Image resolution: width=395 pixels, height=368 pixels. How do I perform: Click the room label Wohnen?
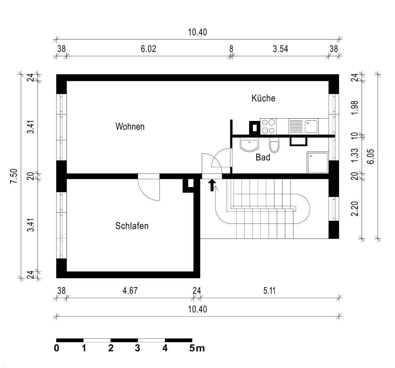[x=130, y=126]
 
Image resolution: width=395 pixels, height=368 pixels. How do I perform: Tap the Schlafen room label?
[x=132, y=226]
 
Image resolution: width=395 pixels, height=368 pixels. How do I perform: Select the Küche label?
[x=263, y=98]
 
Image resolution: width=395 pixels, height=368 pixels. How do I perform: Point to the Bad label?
[x=263, y=157]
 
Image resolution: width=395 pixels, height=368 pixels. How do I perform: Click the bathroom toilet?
[x=274, y=145]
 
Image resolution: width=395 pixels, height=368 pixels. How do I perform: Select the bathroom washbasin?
[x=249, y=145]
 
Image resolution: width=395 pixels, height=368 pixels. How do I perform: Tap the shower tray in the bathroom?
[x=318, y=163]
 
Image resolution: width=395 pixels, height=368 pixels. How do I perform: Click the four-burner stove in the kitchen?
[x=268, y=126]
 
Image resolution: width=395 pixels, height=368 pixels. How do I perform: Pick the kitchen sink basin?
[x=311, y=126]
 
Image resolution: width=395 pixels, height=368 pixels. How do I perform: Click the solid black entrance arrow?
[x=212, y=185]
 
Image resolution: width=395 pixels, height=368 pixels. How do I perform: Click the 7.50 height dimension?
[x=14, y=176]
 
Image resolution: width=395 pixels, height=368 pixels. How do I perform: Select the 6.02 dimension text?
[x=148, y=49]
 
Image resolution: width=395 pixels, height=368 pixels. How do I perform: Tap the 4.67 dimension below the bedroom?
[x=130, y=291]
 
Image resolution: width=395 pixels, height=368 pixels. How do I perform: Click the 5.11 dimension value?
[x=269, y=291]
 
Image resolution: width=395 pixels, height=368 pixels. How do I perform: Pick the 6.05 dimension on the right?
[x=371, y=157]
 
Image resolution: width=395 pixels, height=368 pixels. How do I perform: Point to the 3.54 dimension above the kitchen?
[x=280, y=49]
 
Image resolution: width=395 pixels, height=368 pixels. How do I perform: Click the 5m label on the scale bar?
[x=197, y=348]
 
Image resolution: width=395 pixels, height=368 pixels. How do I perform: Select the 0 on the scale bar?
[x=57, y=348]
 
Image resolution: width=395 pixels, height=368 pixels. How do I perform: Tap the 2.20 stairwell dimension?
[x=354, y=209]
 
